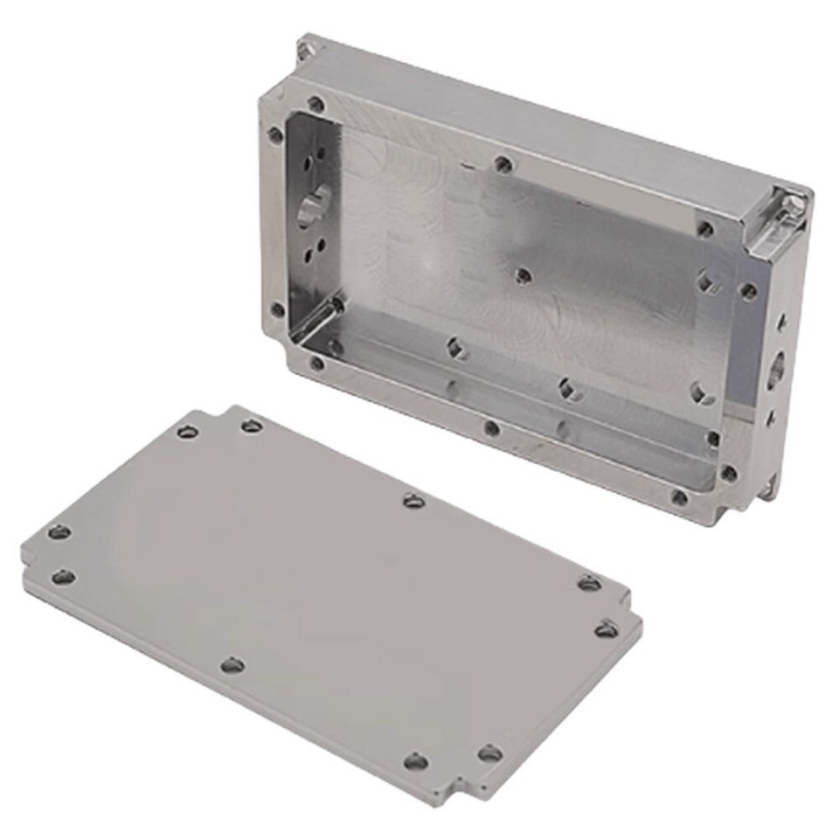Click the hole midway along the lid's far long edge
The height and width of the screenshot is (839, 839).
pos(413,501)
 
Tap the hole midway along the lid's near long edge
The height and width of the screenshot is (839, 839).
pos(232,666)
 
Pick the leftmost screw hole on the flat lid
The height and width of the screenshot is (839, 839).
pos(59,531)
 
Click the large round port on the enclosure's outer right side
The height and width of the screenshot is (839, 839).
pos(775,371)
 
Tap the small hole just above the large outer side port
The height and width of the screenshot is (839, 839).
pos(780,323)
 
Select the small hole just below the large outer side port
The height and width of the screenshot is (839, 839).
pos(770,419)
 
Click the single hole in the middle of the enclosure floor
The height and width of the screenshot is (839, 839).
pos(523,276)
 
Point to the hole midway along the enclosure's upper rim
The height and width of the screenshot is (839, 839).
pos(503,163)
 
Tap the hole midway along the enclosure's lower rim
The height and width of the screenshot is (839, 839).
pos(492,428)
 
